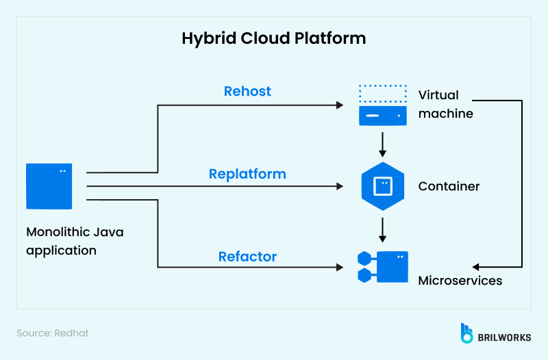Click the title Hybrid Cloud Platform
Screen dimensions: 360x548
tap(273, 38)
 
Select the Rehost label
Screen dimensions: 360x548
tap(247, 91)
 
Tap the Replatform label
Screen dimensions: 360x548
tap(247, 174)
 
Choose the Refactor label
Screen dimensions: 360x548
tap(247, 257)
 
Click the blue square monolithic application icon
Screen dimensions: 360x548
tap(49, 186)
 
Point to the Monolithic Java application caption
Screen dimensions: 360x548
tap(75, 241)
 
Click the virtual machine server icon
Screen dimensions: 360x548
tap(383, 105)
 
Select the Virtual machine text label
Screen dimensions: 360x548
tap(445, 104)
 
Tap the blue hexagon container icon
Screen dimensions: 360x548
tap(383, 185)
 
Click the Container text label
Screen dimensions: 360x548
tap(449, 186)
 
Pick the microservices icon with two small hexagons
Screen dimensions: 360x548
tap(383, 267)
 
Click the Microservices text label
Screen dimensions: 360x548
tap(460, 281)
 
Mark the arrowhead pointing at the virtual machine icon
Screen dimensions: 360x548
tap(338, 105)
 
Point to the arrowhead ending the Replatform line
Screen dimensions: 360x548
tap(338, 186)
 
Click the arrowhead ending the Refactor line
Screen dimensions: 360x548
tap(338, 267)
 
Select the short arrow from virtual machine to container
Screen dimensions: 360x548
tap(383, 144)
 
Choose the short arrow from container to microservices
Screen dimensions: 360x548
tap(383, 229)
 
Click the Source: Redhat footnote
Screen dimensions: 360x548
tap(53, 333)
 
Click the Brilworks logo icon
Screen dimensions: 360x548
tap(467, 333)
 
